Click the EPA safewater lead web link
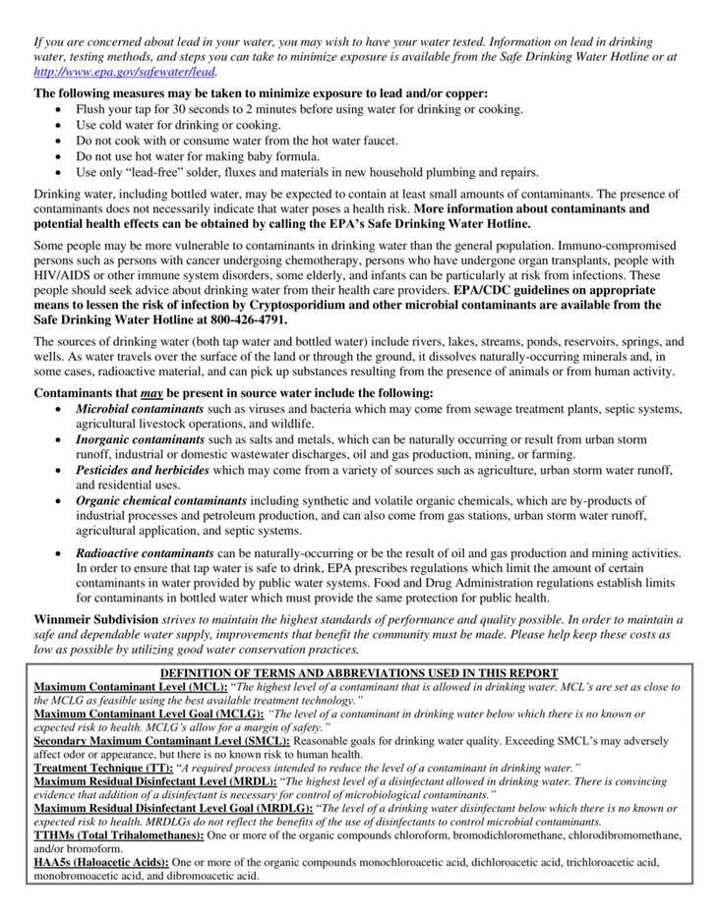coord(125,72)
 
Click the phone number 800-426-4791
coord(247,319)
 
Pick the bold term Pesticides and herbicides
coord(142,471)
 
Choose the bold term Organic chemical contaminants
coord(161,500)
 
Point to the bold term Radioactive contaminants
coord(145,553)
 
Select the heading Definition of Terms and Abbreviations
coord(359,672)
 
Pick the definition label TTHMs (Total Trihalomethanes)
coord(119,834)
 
